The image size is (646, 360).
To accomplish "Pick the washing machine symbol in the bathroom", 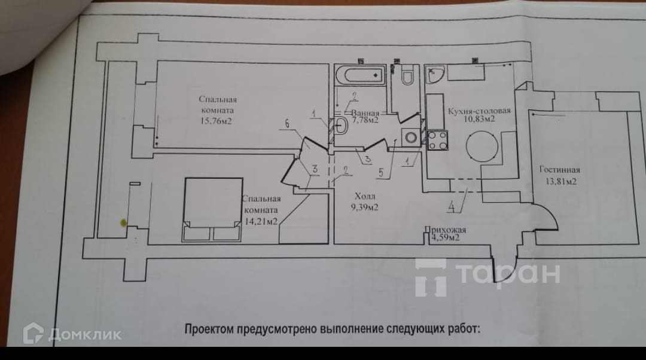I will click(x=412, y=137).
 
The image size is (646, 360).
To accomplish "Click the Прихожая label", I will click(x=444, y=230).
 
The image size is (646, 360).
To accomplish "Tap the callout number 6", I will click(x=287, y=124).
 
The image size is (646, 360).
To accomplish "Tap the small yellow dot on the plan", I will click(x=124, y=222).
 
